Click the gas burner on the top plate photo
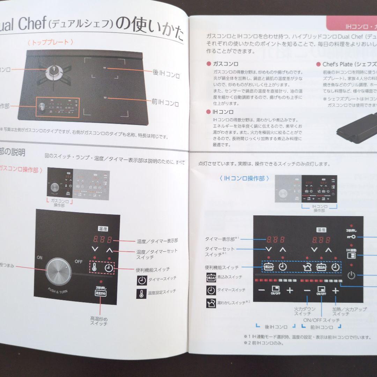(x=54, y=71)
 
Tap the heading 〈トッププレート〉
(x=50, y=42)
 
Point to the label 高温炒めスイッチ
(x=99, y=321)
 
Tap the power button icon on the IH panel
(x=351, y=275)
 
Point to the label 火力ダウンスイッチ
(x=304, y=311)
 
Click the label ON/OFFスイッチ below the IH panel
(x=321, y=320)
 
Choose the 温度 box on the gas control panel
(x=103, y=229)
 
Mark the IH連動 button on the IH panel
(x=351, y=254)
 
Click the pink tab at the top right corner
(x=353, y=25)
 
